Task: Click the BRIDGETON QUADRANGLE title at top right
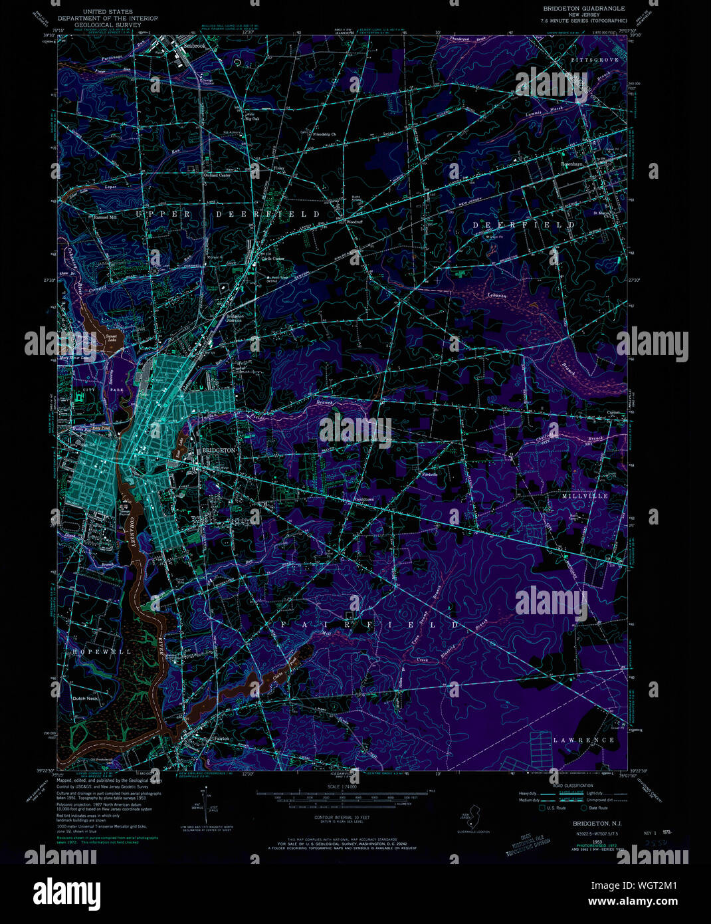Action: [x=583, y=8]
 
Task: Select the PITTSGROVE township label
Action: [x=595, y=60]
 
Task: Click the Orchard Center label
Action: [x=217, y=175]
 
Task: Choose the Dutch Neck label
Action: [x=85, y=699]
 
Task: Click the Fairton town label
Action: [x=221, y=739]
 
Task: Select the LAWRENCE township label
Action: [x=584, y=740]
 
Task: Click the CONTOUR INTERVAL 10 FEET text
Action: [x=342, y=816]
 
